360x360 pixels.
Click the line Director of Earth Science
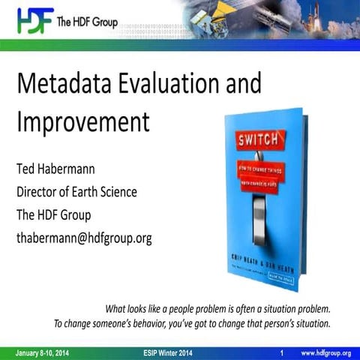(76, 191)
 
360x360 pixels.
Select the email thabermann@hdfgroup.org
(84, 239)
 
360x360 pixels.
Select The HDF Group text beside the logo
(85, 22)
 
